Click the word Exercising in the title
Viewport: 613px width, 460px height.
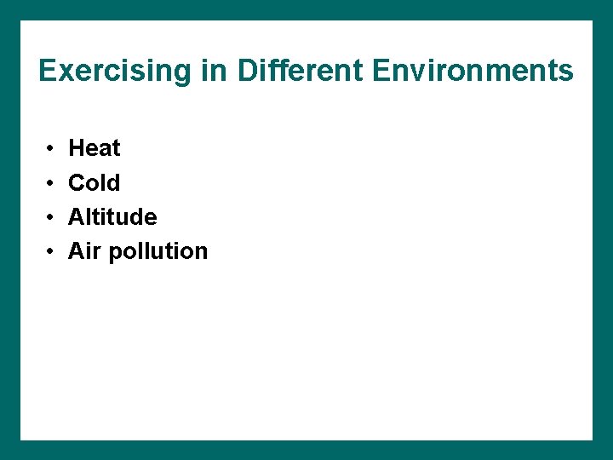point(116,71)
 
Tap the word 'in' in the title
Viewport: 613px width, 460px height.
point(215,71)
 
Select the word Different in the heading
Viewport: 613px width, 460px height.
point(300,71)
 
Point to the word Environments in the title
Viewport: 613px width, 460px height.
point(473,71)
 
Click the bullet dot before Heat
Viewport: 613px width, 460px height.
point(52,149)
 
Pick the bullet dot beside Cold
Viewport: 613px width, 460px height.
point(52,183)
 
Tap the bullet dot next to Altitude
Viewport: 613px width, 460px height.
point(52,217)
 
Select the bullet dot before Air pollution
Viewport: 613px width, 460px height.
point(52,251)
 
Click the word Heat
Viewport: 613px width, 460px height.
point(94,148)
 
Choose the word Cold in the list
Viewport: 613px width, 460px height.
point(94,182)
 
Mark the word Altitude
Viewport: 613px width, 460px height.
point(112,217)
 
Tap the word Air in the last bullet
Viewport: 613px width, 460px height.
point(84,251)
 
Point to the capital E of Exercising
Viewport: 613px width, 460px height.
point(48,71)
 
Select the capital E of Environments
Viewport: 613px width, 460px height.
point(381,71)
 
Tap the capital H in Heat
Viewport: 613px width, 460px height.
point(76,148)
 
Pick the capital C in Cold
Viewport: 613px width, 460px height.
point(77,182)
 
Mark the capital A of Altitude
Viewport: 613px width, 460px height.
point(76,217)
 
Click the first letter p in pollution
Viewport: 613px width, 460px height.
point(115,253)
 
